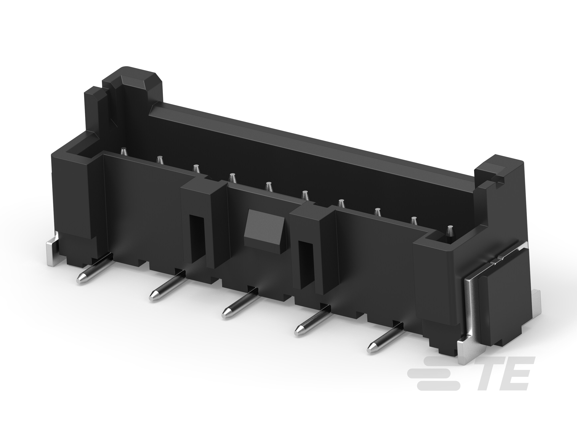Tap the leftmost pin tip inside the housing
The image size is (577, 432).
click(124, 152)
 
